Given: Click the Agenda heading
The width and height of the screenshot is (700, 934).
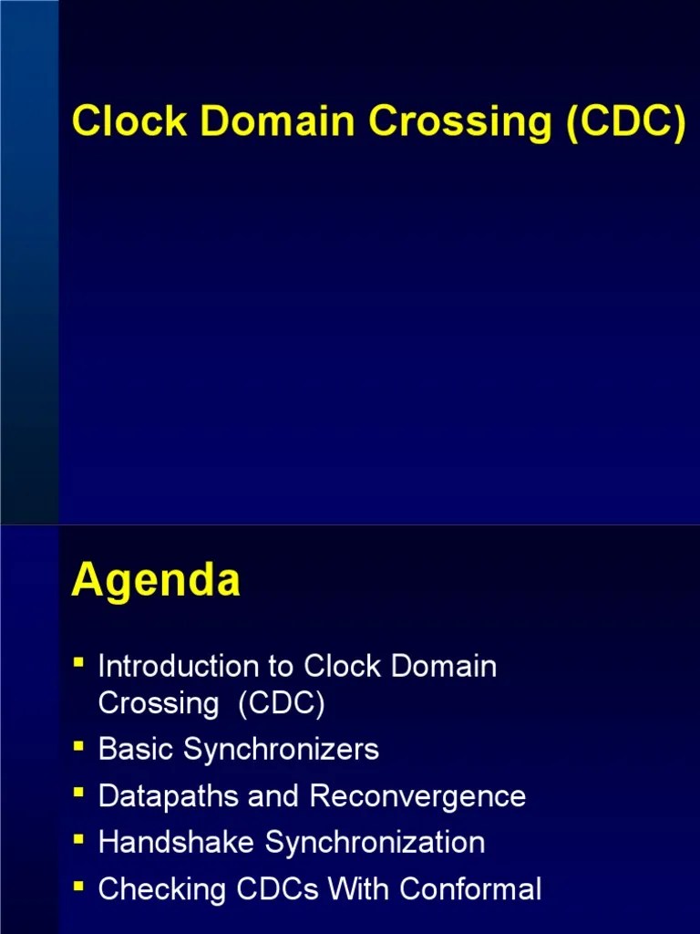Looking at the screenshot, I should (x=156, y=581).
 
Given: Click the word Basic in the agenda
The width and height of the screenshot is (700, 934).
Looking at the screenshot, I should (x=137, y=750).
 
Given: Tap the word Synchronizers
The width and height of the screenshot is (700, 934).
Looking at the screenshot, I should (x=281, y=751).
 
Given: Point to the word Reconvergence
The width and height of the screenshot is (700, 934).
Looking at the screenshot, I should (x=417, y=796).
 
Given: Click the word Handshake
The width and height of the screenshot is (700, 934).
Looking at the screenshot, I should (x=178, y=842).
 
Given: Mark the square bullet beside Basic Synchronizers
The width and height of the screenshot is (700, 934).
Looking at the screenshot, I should (x=79, y=746).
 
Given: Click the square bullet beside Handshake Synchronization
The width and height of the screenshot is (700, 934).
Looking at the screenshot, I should (x=79, y=838).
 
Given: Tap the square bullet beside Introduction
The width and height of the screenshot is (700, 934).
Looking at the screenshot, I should (x=79, y=662).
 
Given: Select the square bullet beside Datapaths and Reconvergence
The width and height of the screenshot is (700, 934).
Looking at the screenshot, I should (x=79, y=792).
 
